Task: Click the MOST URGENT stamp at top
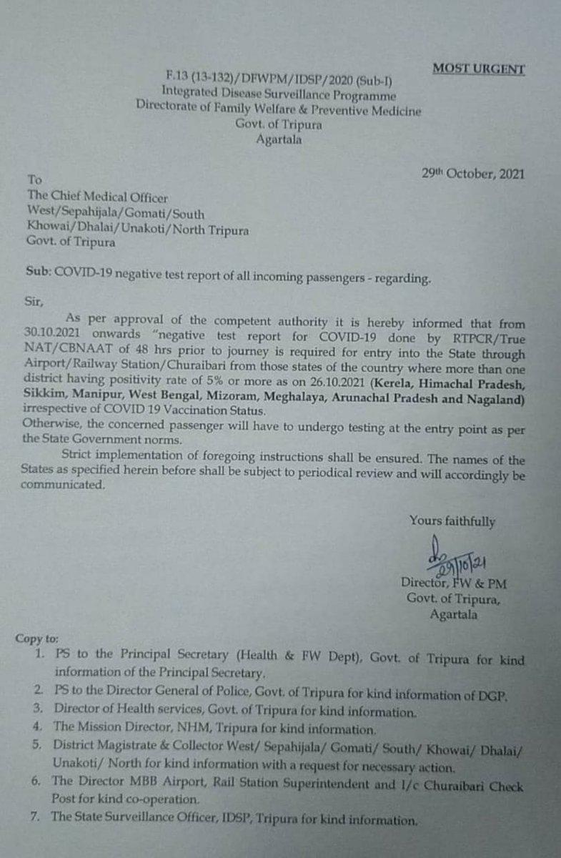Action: pyautogui.click(x=480, y=69)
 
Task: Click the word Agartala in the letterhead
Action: pyautogui.click(x=279, y=140)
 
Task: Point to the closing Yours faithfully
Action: pyautogui.click(x=452, y=522)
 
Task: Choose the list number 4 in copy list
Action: pyautogui.click(x=35, y=730)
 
